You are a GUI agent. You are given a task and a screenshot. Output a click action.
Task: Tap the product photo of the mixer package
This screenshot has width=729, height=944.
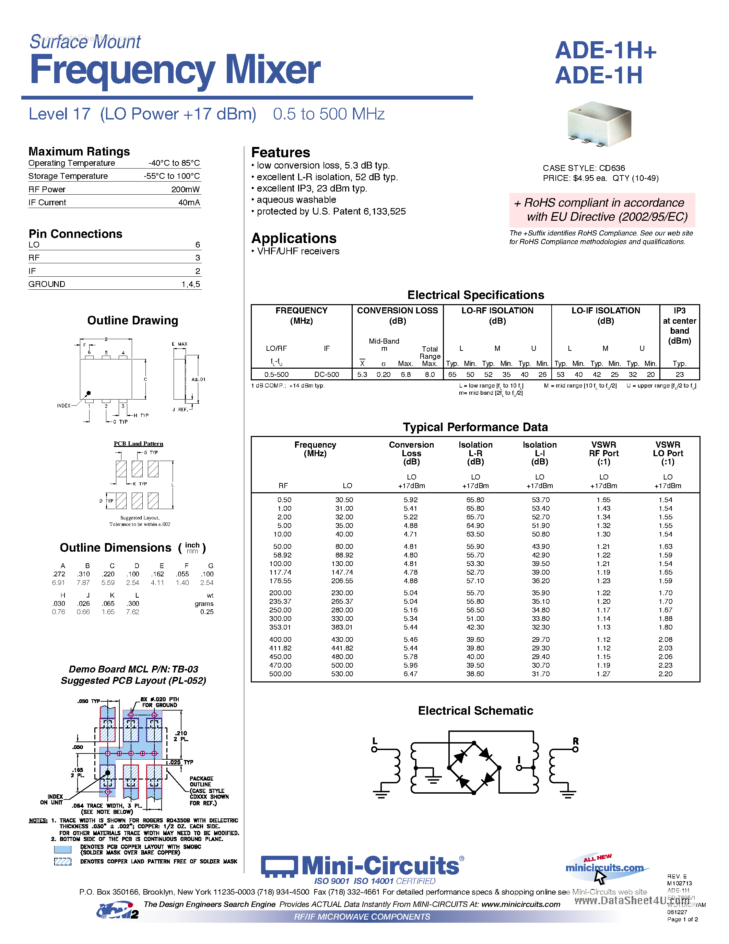[x=601, y=124]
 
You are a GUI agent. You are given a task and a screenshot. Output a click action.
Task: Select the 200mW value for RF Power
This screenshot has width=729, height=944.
[x=185, y=189]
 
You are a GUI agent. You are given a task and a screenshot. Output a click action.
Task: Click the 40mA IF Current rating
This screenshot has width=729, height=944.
[x=189, y=202]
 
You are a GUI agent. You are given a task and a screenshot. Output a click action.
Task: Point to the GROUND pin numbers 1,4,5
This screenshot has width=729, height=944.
[x=190, y=284]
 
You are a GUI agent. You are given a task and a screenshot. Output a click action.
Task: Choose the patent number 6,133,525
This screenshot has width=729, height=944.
[x=384, y=211]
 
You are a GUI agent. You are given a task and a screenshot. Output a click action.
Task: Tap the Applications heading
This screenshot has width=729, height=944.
[x=294, y=238]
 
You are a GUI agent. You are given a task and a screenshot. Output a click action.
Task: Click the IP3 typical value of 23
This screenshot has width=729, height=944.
[x=679, y=374]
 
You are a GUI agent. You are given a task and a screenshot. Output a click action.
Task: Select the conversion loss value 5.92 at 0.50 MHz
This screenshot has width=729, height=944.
[x=410, y=500]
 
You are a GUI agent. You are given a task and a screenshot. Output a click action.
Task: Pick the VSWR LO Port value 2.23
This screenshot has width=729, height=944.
[x=665, y=665]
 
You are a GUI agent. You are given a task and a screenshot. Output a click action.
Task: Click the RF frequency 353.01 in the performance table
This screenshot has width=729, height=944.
[x=280, y=627]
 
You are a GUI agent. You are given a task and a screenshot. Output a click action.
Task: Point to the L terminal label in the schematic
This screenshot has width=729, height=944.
[x=374, y=741]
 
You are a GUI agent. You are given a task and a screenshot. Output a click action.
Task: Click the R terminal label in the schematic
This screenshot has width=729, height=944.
[x=575, y=741]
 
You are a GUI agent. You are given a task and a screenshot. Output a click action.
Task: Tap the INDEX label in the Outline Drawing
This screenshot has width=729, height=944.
[x=63, y=405]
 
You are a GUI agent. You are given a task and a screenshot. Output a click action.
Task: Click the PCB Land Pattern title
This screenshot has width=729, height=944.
[x=138, y=444]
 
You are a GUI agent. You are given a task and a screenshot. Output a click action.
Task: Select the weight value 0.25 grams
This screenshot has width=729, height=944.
[x=207, y=612]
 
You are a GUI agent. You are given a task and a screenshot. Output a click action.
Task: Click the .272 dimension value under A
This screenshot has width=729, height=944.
[x=59, y=574]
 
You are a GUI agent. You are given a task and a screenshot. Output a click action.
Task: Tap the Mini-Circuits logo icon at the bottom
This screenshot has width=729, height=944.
[x=279, y=867]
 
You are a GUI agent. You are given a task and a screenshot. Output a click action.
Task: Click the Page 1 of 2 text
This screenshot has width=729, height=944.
[x=682, y=919]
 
